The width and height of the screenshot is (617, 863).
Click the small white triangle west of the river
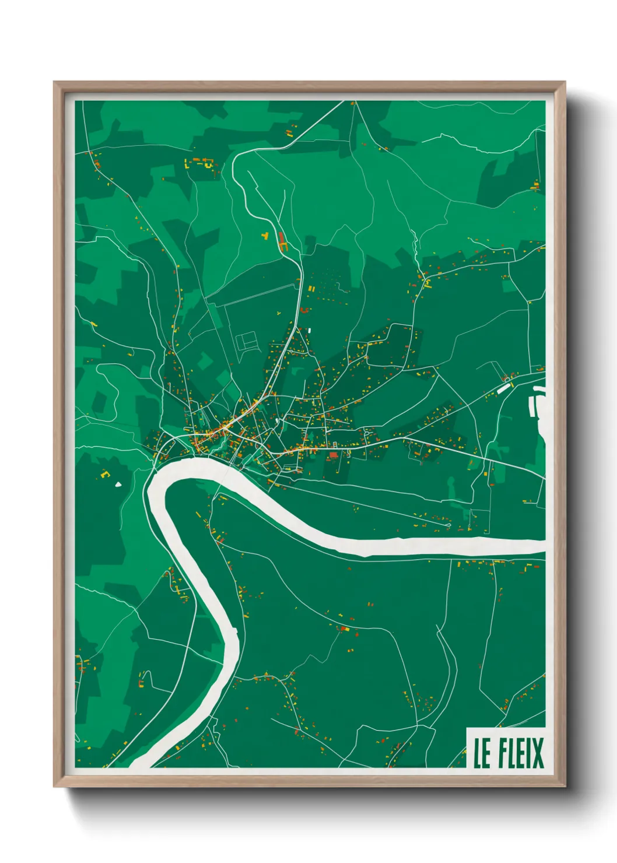tap(118, 483)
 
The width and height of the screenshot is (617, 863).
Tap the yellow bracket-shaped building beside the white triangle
tap(106, 474)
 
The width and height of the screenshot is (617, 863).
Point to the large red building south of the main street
tap(334, 454)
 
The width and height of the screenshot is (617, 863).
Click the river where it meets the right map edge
tap(542, 546)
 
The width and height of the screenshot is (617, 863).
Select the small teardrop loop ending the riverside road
tap(448, 525)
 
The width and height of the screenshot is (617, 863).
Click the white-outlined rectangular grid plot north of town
tap(247, 341)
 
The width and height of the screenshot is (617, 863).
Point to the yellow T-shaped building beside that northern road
tap(265, 236)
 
